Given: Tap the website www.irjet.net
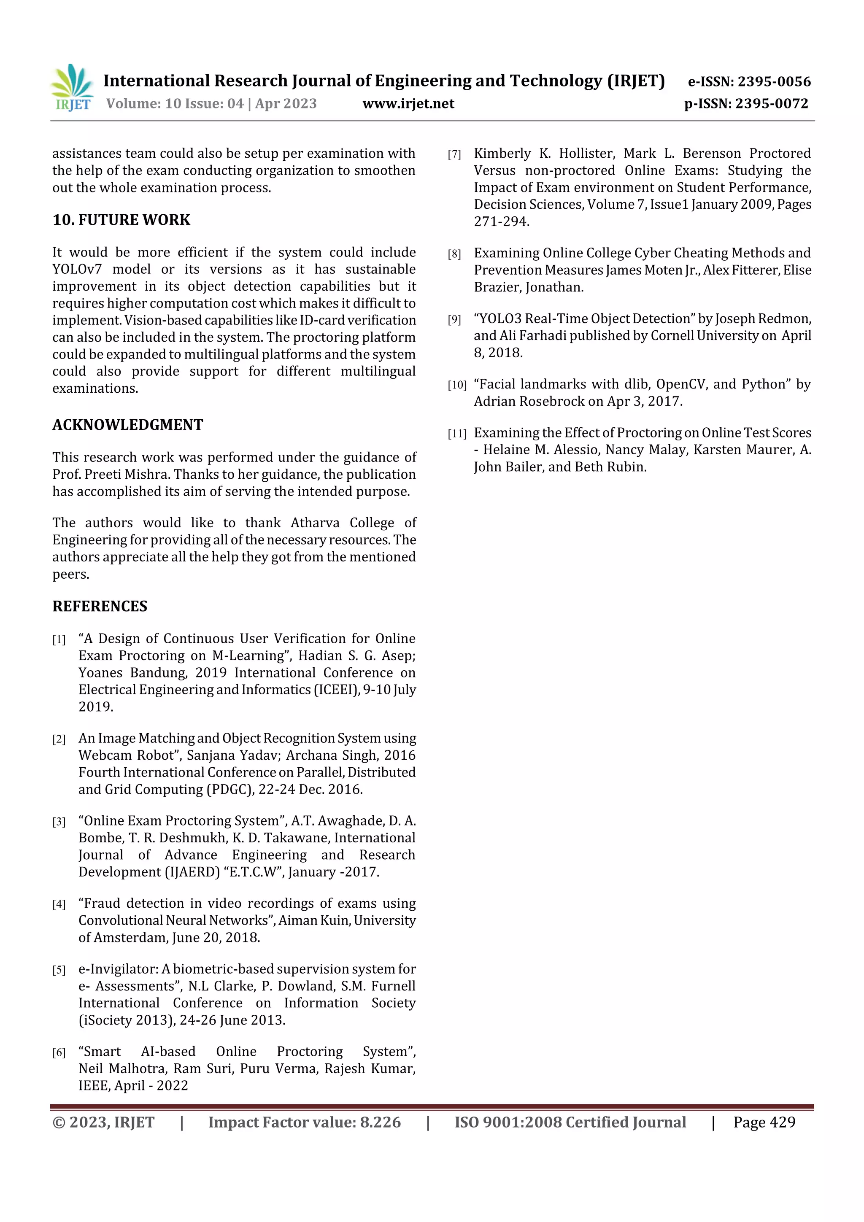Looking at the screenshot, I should tap(408, 104).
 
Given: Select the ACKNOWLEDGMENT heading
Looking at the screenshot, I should tap(128, 425).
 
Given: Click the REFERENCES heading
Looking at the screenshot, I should tap(100, 606).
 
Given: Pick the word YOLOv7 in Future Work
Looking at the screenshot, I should tap(77, 269).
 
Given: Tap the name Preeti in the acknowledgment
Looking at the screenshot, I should tap(106, 474).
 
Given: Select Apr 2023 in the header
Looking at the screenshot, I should tap(286, 104).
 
